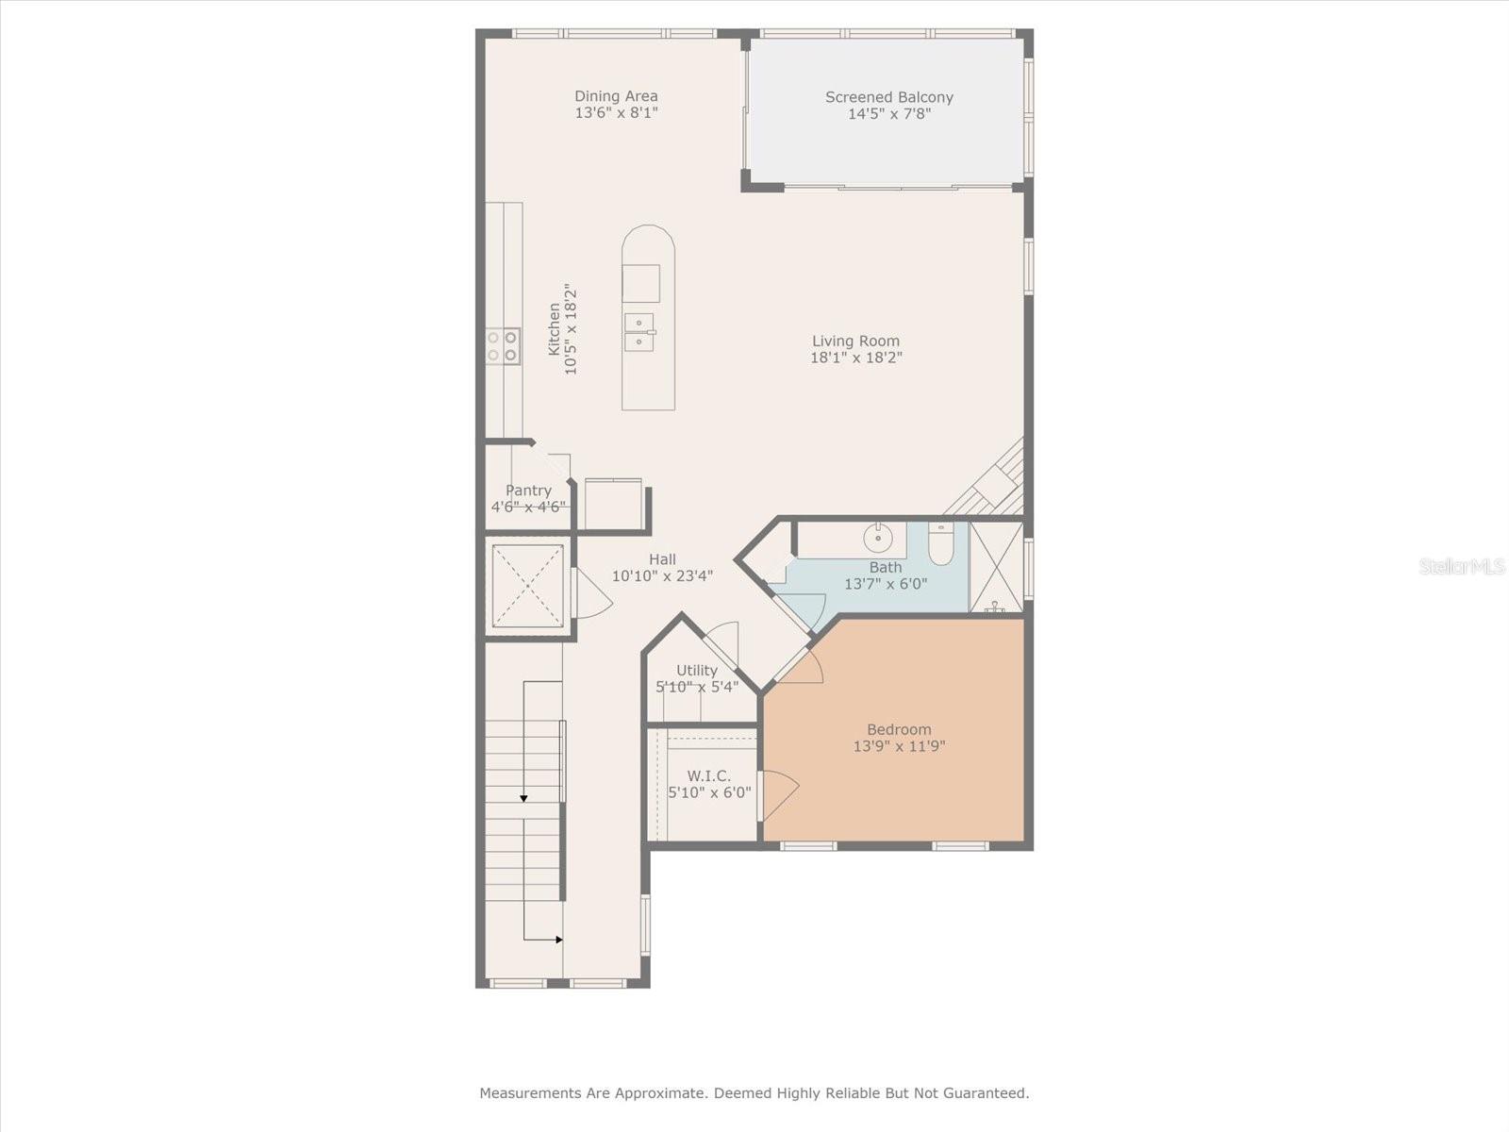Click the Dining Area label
[x=616, y=96]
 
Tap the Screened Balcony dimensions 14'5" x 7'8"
[x=889, y=114]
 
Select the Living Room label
[x=855, y=341]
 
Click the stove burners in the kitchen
[x=502, y=346]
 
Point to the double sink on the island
[x=638, y=332]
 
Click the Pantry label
[x=528, y=491]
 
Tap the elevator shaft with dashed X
[x=528, y=586]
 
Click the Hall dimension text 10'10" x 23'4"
[x=662, y=576]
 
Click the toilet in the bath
[x=940, y=542]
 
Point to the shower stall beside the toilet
[x=996, y=566]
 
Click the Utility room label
[x=697, y=671]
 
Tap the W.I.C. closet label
[x=708, y=776]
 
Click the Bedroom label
[x=899, y=729]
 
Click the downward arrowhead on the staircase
[x=523, y=798]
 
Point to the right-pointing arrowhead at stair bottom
[x=558, y=940]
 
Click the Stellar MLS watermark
[x=1462, y=566]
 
